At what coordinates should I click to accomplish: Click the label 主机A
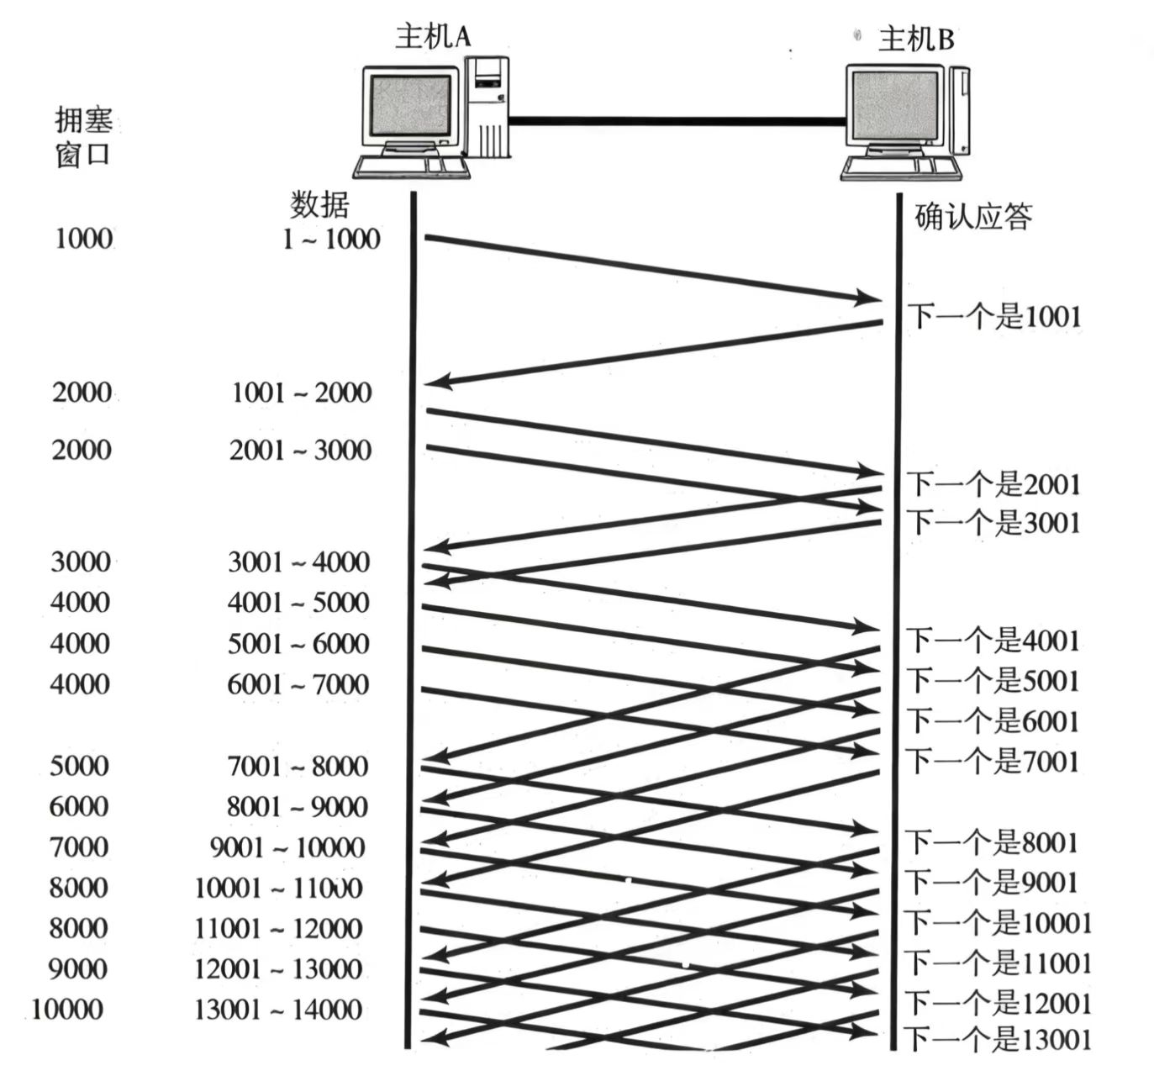point(433,37)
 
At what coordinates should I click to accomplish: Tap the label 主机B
point(916,39)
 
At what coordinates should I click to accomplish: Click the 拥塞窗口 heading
point(82,138)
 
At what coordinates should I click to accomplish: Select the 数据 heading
point(319,204)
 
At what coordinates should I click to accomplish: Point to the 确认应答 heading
point(972,217)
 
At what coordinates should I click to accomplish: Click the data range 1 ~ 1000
point(331,240)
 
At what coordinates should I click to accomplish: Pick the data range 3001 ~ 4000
point(299,562)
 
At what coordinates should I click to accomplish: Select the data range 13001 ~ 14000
point(278,1009)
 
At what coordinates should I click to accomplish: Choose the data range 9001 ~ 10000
point(287,847)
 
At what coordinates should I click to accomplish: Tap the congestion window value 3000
point(81,562)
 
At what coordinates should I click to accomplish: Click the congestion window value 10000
point(68,1009)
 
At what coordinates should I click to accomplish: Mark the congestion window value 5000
point(79,766)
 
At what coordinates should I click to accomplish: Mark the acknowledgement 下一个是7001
point(992,762)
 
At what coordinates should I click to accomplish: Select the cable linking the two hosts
point(677,121)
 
